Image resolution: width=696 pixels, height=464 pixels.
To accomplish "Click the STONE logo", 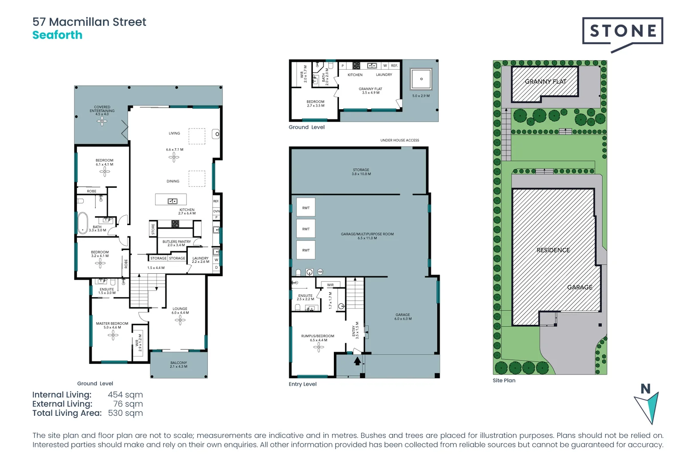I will pyautogui.click(x=622, y=31).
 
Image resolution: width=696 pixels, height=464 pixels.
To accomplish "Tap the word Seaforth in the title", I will pyautogui.click(x=57, y=35).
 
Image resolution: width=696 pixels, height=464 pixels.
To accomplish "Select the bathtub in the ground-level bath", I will pyautogui.click(x=82, y=223).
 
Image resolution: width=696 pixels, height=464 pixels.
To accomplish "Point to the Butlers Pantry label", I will pyautogui.click(x=176, y=243).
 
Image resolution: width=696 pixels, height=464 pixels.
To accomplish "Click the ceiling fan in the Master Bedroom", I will pyautogui.click(x=113, y=336).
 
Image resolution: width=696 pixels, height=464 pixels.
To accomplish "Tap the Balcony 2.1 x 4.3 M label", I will pyautogui.click(x=178, y=364).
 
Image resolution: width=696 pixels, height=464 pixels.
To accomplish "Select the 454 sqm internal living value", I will pyautogui.click(x=125, y=395).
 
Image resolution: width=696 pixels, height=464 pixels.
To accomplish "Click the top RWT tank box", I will pyautogui.click(x=305, y=208).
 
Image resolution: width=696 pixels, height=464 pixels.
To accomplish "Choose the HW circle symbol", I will pyautogui.click(x=320, y=272).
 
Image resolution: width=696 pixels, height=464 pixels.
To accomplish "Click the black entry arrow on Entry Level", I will pyautogui.click(x=357, y=361).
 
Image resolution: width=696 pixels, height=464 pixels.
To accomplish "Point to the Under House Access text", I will pyautogui.click(x=399, y=140).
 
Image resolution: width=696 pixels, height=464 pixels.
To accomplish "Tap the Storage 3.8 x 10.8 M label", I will pyautogui.click(x=361, y=172).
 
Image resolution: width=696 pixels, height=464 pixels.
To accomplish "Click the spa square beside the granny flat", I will pyautogui.click(x=421, y=79).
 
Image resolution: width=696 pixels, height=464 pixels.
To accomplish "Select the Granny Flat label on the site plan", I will pyautogui.click(x=545, y=82).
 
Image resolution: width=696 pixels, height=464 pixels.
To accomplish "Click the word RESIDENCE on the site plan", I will pyautogui.click(x=553, y=250).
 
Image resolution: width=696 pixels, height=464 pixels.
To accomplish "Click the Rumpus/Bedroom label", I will pyautogui.click(x=317, y=338).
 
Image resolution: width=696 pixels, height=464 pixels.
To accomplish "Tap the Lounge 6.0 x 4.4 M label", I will pyautogui.click(x=180, y=311).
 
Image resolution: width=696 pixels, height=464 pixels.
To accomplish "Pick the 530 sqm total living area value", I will pyautogui.click(x=125, y=413).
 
